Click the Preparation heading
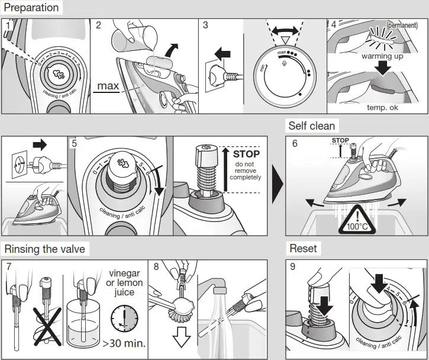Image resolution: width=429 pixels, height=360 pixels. coord(31,8)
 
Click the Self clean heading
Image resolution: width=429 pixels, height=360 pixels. coord(311,126)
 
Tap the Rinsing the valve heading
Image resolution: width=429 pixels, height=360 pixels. coord(44,249)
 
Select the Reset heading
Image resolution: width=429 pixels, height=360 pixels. coord(303,248)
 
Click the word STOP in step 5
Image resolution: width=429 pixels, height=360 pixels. coord(246,154)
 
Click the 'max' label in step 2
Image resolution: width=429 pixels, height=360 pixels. coord(108,86)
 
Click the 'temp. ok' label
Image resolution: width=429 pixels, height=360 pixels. coord(383,108)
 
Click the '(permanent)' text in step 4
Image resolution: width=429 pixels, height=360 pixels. coord(402,25)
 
